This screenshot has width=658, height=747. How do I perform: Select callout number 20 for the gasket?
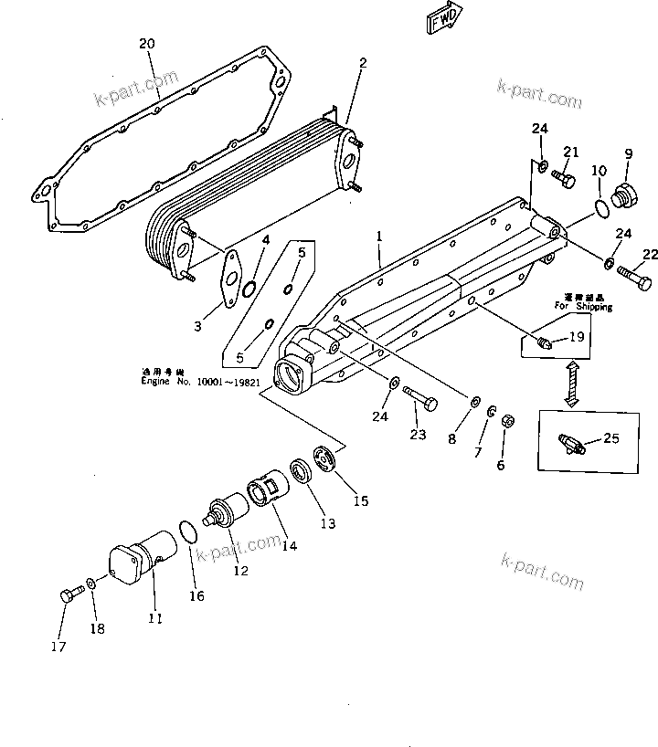147,45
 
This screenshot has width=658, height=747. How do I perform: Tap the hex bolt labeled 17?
68,595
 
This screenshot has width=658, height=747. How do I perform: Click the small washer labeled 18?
91,583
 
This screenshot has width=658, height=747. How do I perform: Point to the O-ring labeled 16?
186,532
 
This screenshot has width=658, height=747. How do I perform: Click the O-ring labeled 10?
600,209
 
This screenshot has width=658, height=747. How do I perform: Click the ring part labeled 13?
299,472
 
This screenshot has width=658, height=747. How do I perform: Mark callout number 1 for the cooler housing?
379,236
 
